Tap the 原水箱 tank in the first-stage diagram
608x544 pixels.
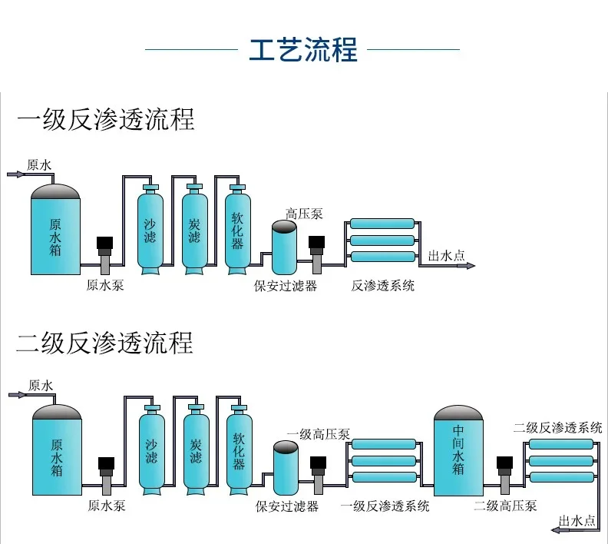55,231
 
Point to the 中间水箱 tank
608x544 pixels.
458,453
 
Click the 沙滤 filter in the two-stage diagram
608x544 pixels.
151,449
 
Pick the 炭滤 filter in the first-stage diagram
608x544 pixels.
194,230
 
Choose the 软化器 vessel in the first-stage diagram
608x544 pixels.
237,230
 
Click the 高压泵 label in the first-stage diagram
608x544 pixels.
304,213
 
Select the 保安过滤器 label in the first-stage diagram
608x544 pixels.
286,286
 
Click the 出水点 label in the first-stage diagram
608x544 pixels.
446,256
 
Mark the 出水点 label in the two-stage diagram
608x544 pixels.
577,520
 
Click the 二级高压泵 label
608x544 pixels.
505,506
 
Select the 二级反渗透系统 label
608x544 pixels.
558,428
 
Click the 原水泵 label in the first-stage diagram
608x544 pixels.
105,286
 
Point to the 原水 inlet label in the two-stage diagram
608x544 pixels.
41,385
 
